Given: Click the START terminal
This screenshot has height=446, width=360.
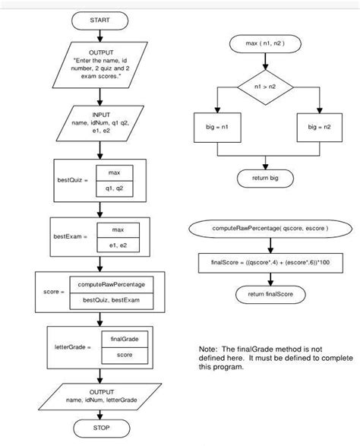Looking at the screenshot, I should pos(99,18).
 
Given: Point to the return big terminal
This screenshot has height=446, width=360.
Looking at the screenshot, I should pos(265,179).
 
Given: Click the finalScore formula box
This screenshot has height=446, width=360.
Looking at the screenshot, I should pos(270,262).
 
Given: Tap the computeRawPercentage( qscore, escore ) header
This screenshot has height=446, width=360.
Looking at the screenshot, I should pos(270,228).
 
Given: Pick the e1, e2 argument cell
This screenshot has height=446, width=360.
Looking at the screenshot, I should pos(118,245).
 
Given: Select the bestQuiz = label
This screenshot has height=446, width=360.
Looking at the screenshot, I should pos(73,180).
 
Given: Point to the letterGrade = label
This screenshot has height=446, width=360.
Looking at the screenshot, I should pos(72,347).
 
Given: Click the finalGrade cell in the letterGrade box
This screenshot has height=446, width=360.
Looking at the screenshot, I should pos(118,340).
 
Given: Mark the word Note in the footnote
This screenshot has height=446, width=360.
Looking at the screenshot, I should pos(207,348).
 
